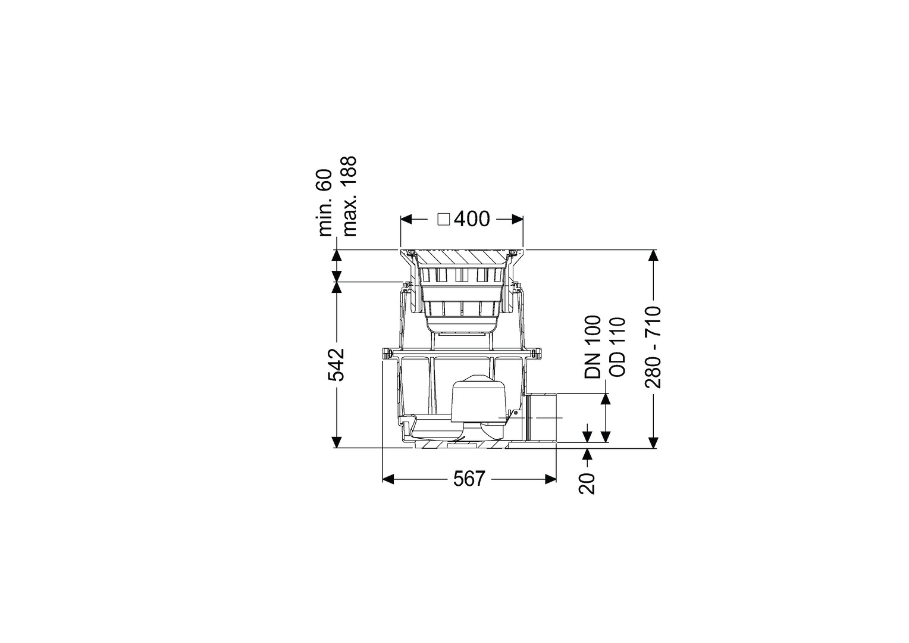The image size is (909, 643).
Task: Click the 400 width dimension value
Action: click(472, 219)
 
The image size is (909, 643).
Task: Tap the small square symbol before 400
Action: click(444, 220)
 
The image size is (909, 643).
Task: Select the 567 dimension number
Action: click(469, 479)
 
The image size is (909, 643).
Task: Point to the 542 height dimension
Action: click(336, 364)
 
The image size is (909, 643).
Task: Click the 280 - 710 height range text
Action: click(654, 348)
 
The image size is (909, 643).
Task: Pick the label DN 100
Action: click(593, 347)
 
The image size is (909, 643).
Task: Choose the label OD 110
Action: click(618, 347)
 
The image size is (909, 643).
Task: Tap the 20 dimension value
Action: click(587, 483)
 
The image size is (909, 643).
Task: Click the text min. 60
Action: click(325, 202)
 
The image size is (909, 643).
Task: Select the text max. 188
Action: click(349, 196)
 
